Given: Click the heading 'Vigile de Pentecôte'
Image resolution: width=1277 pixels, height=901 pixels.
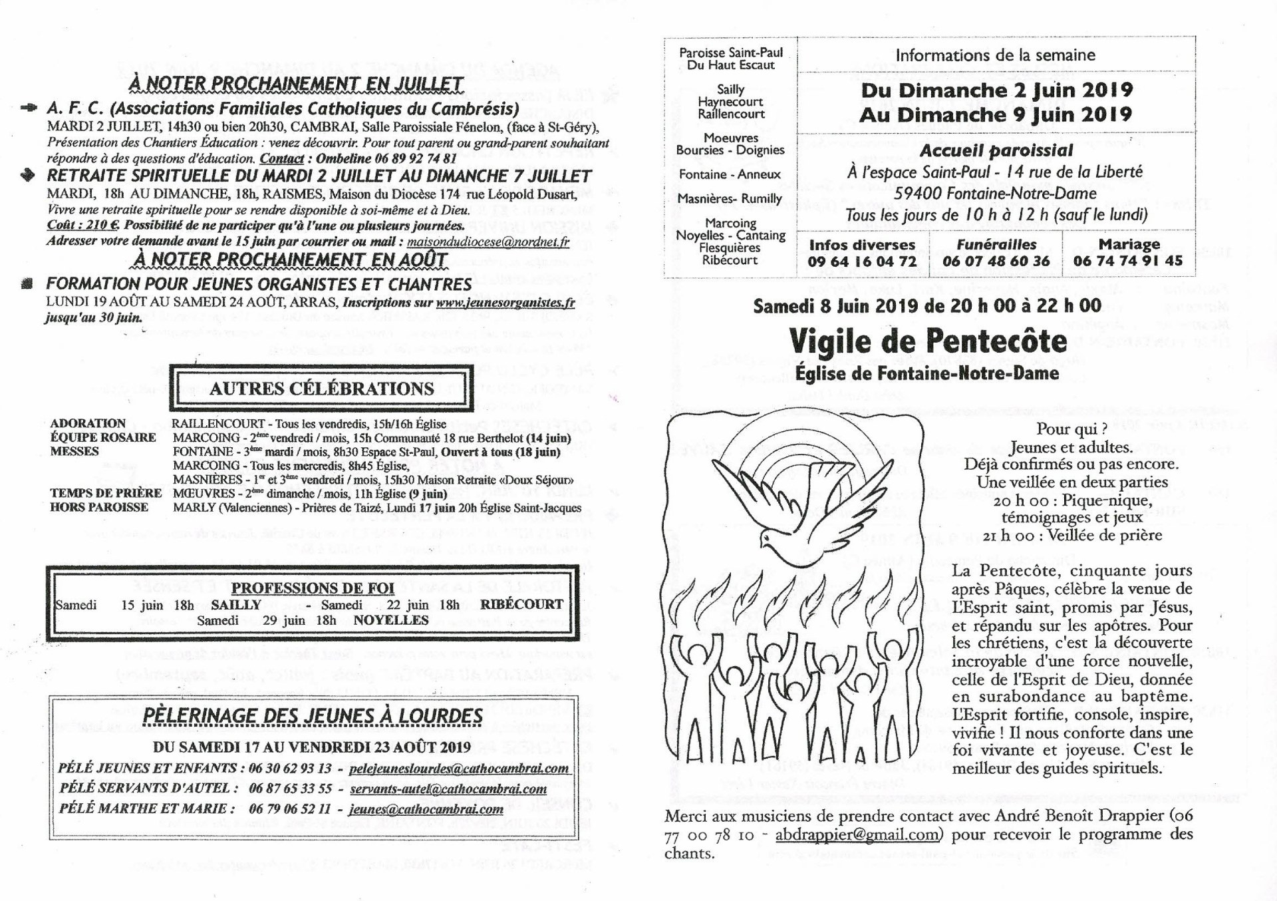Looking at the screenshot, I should pos(928,342).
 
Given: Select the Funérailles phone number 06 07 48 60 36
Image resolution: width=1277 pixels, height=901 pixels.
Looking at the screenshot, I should pos(996,262).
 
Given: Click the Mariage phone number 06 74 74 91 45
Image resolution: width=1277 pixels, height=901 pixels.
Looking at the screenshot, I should pos(1128,261).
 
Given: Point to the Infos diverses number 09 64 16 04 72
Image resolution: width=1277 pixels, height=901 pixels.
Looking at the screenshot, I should pos(862,262).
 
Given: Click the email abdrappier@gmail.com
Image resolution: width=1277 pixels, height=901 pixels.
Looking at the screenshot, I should pos(856,834).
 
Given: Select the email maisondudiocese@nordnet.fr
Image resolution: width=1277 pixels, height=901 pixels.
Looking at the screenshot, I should pos(488,242).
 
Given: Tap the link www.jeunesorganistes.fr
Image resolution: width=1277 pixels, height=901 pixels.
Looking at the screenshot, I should pos(505,303).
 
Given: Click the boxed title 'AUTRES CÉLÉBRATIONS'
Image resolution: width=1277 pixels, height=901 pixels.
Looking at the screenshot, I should pos(321,389).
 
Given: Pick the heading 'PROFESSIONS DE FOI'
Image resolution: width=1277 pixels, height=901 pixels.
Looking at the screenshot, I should pos(313,588).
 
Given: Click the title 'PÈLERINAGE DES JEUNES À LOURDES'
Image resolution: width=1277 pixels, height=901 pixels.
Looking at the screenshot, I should pos(313,715).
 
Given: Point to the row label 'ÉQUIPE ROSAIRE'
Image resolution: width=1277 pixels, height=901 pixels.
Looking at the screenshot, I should pos(103,437).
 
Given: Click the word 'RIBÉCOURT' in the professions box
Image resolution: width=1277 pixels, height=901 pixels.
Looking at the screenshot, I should pos(521,604).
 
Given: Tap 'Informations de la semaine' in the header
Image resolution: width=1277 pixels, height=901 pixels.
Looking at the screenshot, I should pos(995,55).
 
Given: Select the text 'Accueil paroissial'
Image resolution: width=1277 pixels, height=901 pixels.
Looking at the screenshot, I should pos(996,150).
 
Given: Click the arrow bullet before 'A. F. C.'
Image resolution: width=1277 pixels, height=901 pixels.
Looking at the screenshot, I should pos(30,108).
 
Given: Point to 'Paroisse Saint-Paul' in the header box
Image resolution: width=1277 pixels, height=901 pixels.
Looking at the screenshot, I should pos(731,53).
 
